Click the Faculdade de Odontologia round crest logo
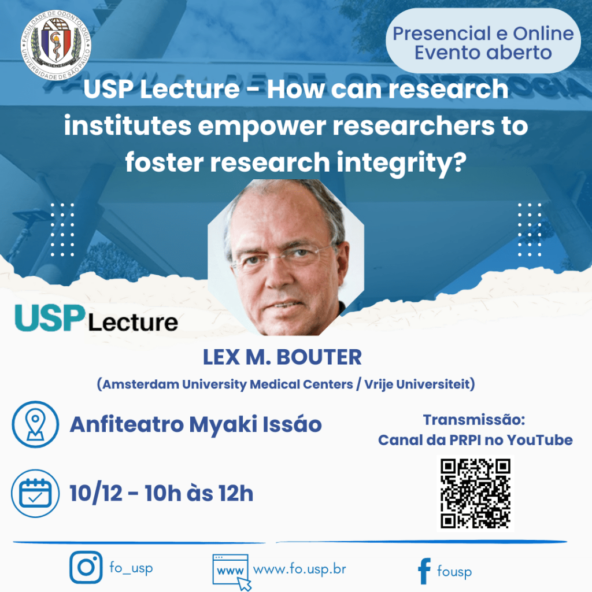coord(55,44)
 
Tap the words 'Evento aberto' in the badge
coord(483,53)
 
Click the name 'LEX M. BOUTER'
coord(282,358)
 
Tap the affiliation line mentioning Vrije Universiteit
coord(286,384)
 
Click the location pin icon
coord(35,424)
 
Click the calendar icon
coord(35,493)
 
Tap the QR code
coord(475,493)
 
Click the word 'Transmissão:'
coord(473,420)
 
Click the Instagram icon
coord(86,567)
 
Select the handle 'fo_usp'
coord(131,568)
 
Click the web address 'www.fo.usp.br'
coord(299,568)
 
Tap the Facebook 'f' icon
coord(424,571)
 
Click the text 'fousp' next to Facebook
coord(454,572)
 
